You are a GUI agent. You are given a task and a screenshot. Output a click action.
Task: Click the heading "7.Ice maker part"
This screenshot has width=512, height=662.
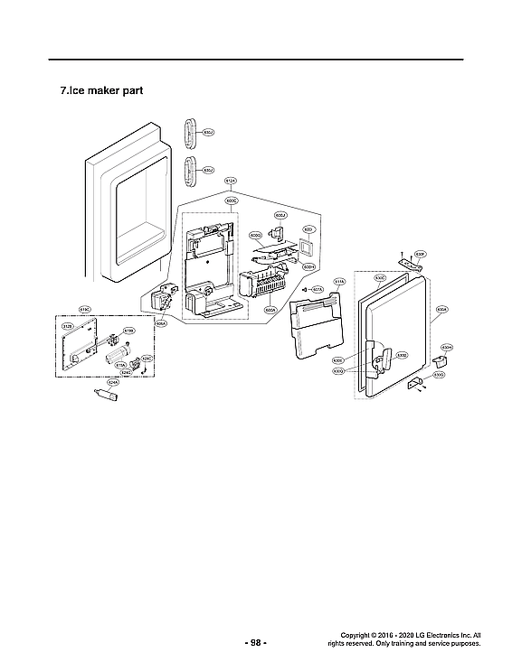(100, 91)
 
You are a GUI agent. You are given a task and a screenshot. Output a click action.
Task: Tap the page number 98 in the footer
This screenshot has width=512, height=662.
(256, 643)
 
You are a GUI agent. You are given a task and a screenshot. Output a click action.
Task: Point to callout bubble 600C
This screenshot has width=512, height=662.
(231, 200)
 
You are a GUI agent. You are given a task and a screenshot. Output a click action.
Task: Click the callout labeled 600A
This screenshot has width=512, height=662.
(270, 310)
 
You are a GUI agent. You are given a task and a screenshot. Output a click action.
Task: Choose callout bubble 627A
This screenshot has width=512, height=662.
(318, 289)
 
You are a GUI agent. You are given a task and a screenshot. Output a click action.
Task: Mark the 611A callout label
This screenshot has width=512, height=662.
(339, 282)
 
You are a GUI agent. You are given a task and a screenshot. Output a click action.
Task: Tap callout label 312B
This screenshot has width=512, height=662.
(67, 326)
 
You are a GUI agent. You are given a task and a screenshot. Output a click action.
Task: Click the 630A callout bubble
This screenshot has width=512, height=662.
(441, 308)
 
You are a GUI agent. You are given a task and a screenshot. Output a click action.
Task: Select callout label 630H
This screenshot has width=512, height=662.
(446, 346)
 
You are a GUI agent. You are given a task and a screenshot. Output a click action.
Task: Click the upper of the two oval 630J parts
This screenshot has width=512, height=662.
(191, 131)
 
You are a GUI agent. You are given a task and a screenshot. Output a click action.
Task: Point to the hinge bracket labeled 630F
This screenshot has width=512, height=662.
(412, 263)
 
